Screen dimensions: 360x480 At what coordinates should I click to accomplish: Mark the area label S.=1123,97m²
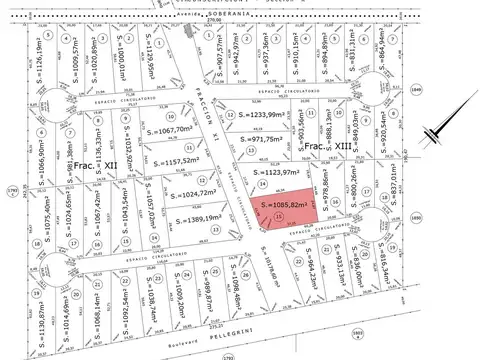click(x=270, y=172)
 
